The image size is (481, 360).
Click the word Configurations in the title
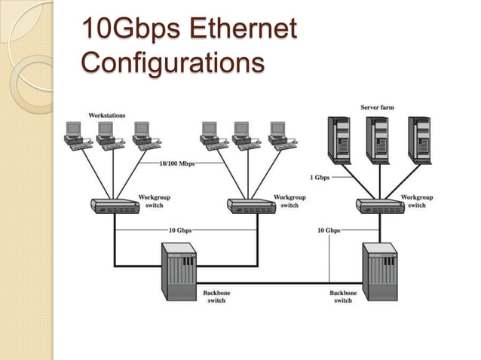[172, 62]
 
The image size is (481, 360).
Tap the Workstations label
[107, 115]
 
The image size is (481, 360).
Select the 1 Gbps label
[320, 177]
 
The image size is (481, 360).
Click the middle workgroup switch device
[251, 206]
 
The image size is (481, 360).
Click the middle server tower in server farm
[379, 140]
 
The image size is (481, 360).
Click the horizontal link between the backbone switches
[279, 282]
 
